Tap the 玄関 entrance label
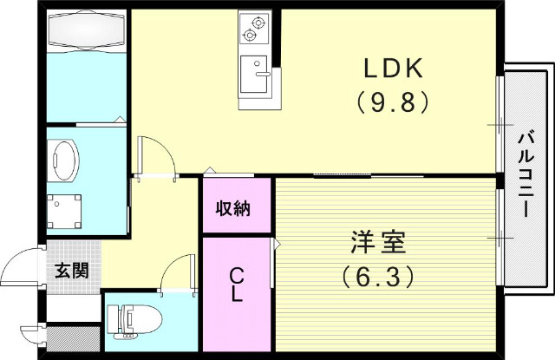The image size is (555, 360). [72, 270]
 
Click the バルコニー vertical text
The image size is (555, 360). [526, 174]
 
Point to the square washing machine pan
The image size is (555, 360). [66, 209]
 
